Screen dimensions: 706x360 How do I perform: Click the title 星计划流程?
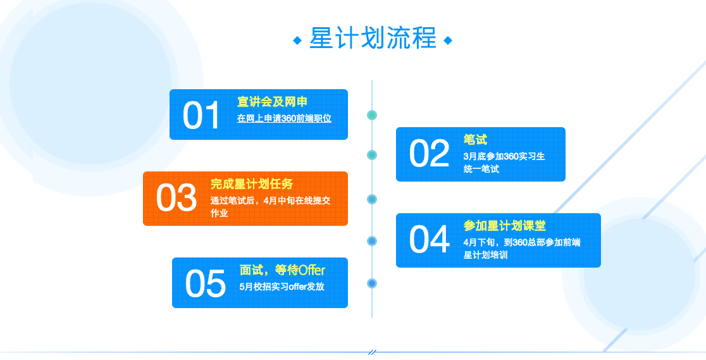tap(373, 39)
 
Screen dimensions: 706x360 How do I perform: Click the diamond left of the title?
tap(297, 40)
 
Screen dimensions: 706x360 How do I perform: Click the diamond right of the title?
tap(448, 40)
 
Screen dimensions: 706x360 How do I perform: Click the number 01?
tap(201, 116)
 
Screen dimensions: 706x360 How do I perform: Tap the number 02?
tap(428, 154)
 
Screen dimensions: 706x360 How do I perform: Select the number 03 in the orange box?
tap(176, 198)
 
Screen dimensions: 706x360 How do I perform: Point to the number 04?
tap(428, 240)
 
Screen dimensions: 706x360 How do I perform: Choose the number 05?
tap(205, 283)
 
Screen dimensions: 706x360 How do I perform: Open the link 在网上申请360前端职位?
tap(284, 118)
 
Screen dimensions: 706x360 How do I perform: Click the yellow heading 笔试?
tap(475, 140)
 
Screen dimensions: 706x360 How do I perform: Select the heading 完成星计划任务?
tap(252, 184)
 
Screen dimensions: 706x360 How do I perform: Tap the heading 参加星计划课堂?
tap(504, 226)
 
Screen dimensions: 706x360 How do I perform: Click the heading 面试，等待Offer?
tap(282, 270)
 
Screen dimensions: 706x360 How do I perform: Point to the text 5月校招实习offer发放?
tap(282, 287)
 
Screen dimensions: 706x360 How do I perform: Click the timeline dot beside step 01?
tap(372, 115)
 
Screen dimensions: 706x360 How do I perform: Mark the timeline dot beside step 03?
tap(372, 199)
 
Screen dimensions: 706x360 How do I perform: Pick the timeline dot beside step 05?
tap(372, 283)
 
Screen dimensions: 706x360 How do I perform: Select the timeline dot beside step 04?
tap(372, 241)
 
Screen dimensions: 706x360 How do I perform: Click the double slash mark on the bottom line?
tap(372, 352)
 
